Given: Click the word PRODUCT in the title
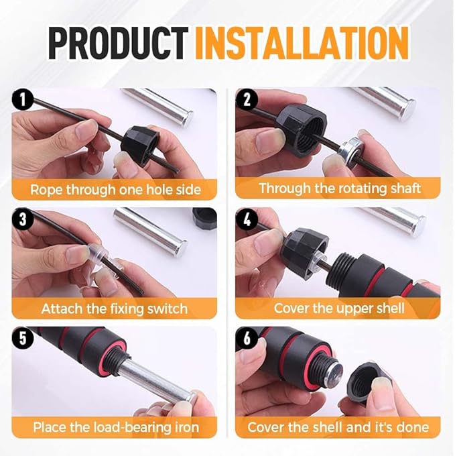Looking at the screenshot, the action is [118, 43].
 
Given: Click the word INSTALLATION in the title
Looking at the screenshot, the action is [302, 43].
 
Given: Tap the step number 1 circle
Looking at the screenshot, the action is [23, 99].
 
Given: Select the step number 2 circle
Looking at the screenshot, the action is [247, 99].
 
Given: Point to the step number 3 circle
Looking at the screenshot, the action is [23, 219].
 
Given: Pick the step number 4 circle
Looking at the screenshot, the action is [247, 219].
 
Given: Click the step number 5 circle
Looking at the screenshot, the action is [23, 338].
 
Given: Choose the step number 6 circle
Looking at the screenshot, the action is [247, 338].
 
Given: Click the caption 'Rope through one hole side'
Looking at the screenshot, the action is [115, 190].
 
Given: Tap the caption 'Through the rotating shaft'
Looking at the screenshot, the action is [340, 188].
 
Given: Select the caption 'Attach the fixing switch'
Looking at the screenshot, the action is [115, 308].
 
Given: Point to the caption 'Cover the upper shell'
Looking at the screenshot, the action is [339, 308].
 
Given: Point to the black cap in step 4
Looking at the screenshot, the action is [304, 253].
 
